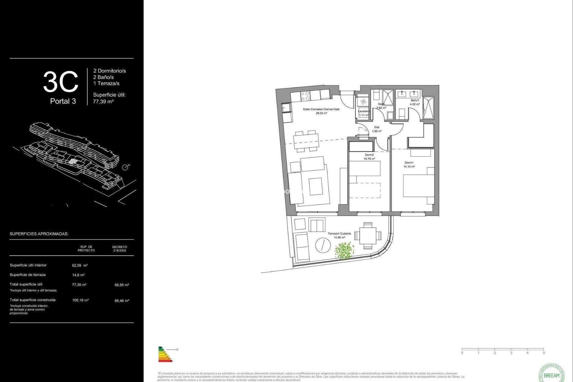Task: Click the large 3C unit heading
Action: pos(61,82)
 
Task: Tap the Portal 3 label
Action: pos(63,101)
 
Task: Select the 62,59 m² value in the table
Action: pos(80,265)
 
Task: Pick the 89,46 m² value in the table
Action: pos(122,301)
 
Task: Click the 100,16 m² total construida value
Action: pos(80,300)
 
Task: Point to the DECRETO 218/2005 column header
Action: pos(119,249)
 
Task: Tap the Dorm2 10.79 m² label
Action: pos(369,157)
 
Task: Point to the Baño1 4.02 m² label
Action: pos(415,102)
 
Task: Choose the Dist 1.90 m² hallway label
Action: pos(377,129)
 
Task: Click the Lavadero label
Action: pos(364,111)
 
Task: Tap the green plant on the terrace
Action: pos(344,250)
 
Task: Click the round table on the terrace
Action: pos(323,245)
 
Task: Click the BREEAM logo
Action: pos(551,374)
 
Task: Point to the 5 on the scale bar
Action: pos(544,353)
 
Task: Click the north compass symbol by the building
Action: pos(125,167)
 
